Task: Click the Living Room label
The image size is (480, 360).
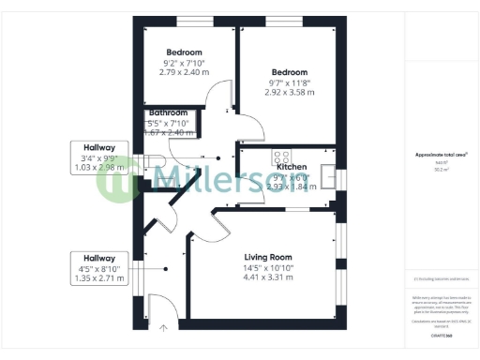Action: tap(269, 257)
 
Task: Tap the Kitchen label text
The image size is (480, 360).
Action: tap(292, 166)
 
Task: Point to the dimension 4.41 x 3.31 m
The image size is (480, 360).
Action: tap(269, 277)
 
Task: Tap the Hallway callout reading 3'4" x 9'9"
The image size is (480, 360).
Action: tap(99, 157)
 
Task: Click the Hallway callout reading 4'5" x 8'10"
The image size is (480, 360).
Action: tap(99, 268)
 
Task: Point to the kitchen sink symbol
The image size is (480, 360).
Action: tap(327, 174)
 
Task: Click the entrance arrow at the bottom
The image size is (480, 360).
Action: tap(164, 328)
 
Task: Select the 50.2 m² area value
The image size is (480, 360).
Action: tap(442, 170)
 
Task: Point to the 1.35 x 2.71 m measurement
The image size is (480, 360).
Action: tap(99, 278)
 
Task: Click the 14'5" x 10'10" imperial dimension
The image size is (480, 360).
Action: tap(269, 267)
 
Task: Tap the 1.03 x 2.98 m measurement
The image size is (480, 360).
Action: tap(99, 168)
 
